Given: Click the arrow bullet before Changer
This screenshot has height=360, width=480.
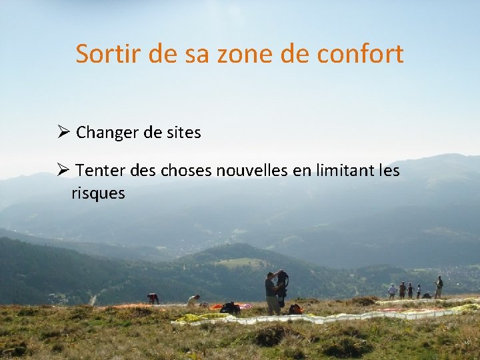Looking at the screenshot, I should [x=63, y=132].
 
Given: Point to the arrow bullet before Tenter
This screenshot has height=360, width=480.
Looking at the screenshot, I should [x=63, y=171].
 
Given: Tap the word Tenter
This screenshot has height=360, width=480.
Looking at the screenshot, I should [x=99, y=171].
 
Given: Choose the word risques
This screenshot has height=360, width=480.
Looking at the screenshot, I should [x=98, y=193].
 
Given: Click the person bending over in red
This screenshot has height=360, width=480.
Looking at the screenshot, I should [x=153, y=298].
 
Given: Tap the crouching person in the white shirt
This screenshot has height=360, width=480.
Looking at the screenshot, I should [x=193, y=301].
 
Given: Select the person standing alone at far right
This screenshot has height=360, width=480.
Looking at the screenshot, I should [x=439, y=287].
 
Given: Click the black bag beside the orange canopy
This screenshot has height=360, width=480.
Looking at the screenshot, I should [x=230, y=307].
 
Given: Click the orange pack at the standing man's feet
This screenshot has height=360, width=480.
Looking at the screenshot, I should [x=294, y=309].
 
